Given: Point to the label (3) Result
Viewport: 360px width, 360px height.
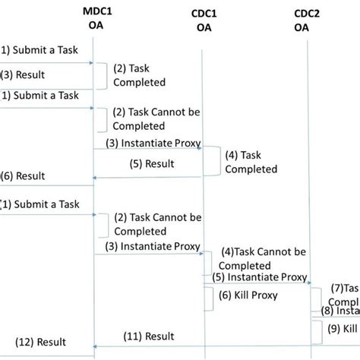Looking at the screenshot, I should pos(23,75).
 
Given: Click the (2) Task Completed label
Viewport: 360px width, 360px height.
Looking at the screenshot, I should pos(138,74).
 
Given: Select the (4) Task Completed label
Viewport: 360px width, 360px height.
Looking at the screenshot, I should pos(251,162).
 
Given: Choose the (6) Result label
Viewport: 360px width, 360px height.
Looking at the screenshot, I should pos(23,175).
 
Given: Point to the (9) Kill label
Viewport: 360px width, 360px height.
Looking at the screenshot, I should pos(343,329).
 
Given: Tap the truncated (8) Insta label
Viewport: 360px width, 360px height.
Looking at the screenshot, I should pos(339,310).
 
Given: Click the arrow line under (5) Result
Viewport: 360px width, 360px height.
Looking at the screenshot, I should pos(147,178).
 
